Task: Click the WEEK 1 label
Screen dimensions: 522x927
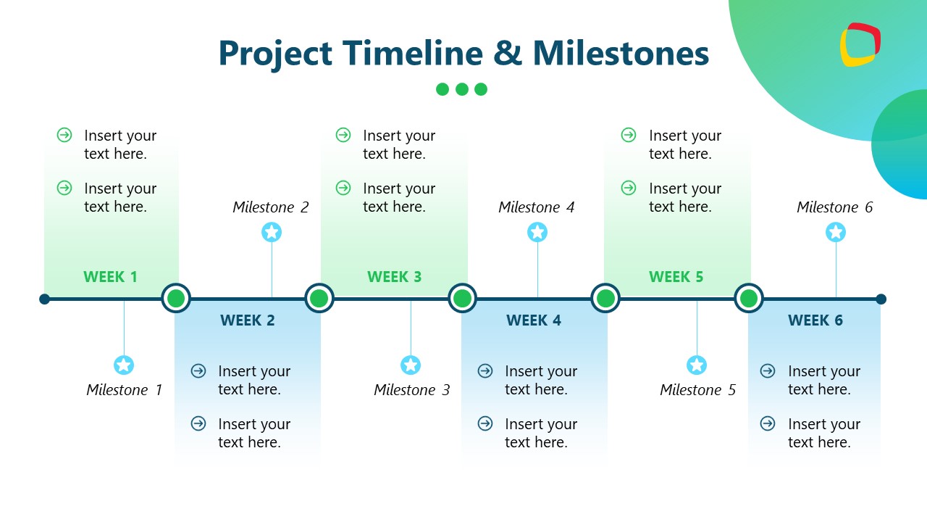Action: [110, 276]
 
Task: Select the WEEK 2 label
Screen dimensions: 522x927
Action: [248, 320]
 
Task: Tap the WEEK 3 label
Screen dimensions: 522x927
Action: [394, 276]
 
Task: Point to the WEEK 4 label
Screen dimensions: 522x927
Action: [534, 320]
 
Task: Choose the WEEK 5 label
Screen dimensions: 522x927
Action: [676, 276]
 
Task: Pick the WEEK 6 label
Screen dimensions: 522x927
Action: [815, 320]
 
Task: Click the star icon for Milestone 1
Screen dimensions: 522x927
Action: [124, 365]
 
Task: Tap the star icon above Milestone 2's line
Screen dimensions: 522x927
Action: [272, 232]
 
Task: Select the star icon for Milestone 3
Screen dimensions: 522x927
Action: [411, 365]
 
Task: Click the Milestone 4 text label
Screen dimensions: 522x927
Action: [536, 207]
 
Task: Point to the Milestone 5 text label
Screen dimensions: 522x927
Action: [697, 390]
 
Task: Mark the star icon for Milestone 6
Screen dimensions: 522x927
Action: [836, 232]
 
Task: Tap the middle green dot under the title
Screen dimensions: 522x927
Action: [462, 89]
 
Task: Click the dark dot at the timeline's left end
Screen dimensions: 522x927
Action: [45, 299]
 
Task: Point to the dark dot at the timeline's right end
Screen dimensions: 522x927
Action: [881, 299]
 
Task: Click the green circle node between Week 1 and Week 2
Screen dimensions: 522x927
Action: [175, 298]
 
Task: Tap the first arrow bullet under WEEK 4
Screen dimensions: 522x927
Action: [485, 371]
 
